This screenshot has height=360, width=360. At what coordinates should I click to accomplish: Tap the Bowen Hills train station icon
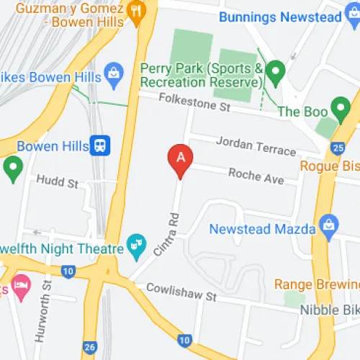tap(100, 145)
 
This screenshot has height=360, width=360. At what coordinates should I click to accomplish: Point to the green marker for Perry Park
tap(274, 71)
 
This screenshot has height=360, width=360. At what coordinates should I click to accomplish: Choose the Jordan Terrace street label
tap(256, 145)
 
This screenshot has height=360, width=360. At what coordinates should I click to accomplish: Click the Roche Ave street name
tap(256, 175)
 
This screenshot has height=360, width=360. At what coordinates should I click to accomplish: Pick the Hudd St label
tap(57, 184)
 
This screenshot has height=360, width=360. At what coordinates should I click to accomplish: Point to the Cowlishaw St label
tap(181, 292)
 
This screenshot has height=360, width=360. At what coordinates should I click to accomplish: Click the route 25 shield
tap(337, 148)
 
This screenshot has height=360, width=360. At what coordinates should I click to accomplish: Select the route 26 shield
tap(91, 347)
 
